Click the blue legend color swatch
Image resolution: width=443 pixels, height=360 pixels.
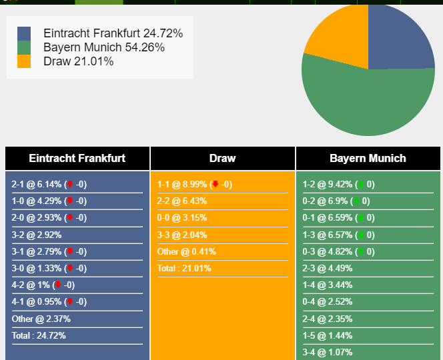click(24, 33)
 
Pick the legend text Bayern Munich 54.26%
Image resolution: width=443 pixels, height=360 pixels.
click(104, 47)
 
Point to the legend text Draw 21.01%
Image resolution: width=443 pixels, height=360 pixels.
click(79, 61)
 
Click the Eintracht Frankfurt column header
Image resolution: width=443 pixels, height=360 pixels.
click(77, 159)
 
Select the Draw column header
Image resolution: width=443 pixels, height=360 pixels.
click(223, 159)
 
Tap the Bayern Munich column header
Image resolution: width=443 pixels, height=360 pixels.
click(368, 159)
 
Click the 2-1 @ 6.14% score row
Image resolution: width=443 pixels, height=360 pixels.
click(49, 185)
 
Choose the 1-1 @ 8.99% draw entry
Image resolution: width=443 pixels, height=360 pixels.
click(195, 185)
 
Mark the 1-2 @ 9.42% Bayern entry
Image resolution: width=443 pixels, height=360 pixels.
click(338, 185)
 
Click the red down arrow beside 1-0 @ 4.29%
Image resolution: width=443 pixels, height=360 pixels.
click(70, 201)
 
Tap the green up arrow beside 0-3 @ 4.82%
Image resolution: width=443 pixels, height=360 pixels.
click(361, 251)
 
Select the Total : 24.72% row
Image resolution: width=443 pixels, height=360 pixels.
click(39, 336)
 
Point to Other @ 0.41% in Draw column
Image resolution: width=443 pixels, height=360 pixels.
click(186, 251)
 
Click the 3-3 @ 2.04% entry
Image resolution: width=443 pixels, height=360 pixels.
click(182, 235)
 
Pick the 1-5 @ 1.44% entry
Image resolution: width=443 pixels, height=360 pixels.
click(328, 336)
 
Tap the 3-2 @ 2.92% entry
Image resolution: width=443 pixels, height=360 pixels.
click(37, 235)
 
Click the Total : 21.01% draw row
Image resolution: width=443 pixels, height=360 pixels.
click(184, 268)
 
